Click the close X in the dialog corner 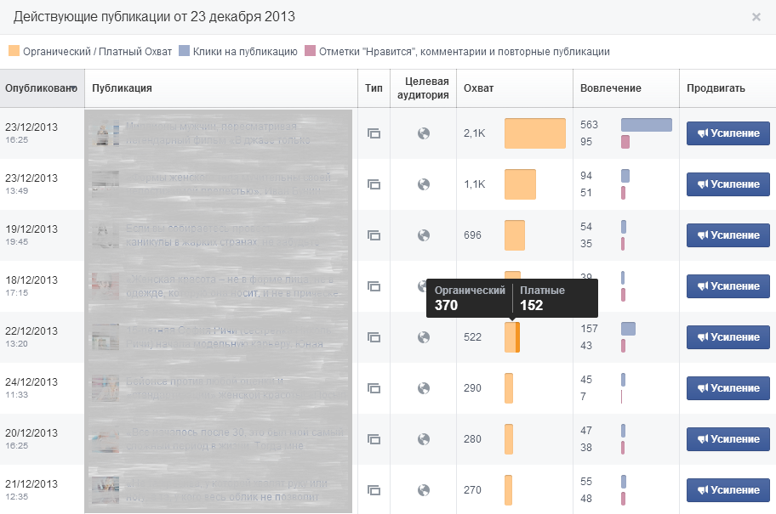tap(756, 17)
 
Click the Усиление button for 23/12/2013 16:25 tap(728, 133)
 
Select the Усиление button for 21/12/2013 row tap(728, 490)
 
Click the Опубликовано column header tap(40, 88)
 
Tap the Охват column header tap(478, 88)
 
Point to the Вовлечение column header tap(610, 88)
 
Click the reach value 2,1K tap(474, 133)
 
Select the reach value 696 tap(472, 235)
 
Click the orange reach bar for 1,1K tap(520, 184)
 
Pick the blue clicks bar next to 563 tap(646, 125)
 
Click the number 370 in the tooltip tap(447, 305)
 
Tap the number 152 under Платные tap(531, 305)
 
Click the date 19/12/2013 tap(31, 229)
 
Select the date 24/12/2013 tap(31, 382)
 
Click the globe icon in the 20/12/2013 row tap(424, 439)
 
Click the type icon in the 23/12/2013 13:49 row tap(374, 184)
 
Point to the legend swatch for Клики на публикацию tap(184, 52)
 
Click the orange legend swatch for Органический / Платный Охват tap(14, 52)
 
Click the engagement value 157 tap(589, 329)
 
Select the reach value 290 tap(472, 388)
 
